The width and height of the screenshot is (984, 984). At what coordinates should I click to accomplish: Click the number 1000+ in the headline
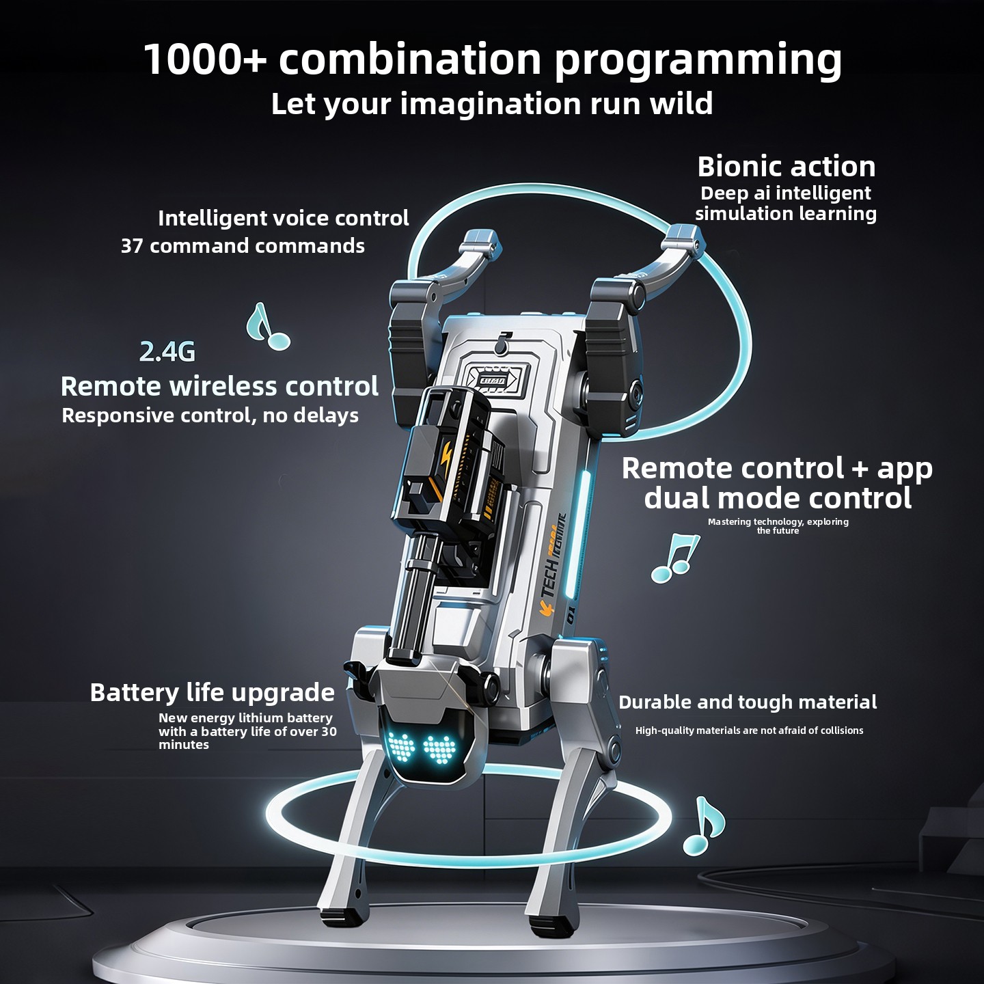point(205,59)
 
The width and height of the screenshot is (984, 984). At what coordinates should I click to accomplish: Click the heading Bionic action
point(787,167)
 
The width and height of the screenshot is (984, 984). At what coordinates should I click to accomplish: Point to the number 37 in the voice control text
point(133,246)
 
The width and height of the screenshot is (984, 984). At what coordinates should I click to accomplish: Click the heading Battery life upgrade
point(213,694)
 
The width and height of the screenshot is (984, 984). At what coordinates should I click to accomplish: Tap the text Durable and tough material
point(748,702)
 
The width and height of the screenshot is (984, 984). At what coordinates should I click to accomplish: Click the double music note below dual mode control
point(675,558)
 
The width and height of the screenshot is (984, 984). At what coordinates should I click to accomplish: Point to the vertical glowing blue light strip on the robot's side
point(577,531)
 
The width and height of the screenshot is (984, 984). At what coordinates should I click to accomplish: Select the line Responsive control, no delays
point(210,415)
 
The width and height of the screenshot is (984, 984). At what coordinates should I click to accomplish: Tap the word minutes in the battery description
point(184,745)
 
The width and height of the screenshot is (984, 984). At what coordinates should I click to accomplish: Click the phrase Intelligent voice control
point(284,219)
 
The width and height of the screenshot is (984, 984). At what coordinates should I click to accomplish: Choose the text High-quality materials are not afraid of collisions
point(749,730)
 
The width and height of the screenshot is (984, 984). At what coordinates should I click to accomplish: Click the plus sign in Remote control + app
point(860,469)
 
